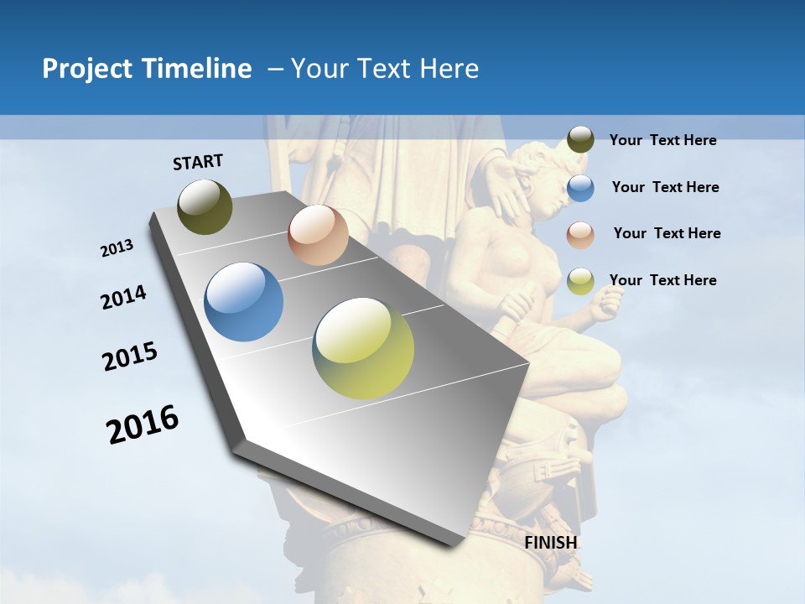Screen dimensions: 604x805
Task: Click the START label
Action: pyautogui.click(x=198, y=162)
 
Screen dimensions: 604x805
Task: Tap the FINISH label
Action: pyautogui.click(x=551, y=543)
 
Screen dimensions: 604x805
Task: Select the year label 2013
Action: pyautogui.click(x=117, y=248)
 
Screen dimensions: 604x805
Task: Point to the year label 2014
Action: pyautogui.click(x=123, y=298)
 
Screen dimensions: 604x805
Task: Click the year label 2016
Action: pyautogui.click(x=143, y=424)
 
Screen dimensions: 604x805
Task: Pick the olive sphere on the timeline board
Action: pyautogui.click(x=205, y=206)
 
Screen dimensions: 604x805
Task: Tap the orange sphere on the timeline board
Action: pyautogui.click(x=318, y=235)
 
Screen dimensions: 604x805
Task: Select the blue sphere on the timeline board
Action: pyautogui.click(x=244, y=302)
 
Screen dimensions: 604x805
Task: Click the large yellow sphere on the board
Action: pyautogui.click(x=363, y=348)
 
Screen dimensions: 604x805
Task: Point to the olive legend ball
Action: pyautogui.click(x=580, y=140)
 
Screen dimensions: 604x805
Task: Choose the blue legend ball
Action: pyautogui.click(x=580, y=188)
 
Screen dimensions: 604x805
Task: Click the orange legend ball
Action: pyautogui.click(x=580, y=234)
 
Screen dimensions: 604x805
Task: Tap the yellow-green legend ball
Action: pyautogui.click(x=580, y=281)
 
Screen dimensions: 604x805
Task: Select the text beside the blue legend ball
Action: pyautogui.click(x=665, y=187)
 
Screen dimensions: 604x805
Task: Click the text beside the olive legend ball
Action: pyautogui.click(x=662, y=140)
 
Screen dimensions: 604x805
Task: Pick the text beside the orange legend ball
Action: pyautogui.click(x=667, y=233)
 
